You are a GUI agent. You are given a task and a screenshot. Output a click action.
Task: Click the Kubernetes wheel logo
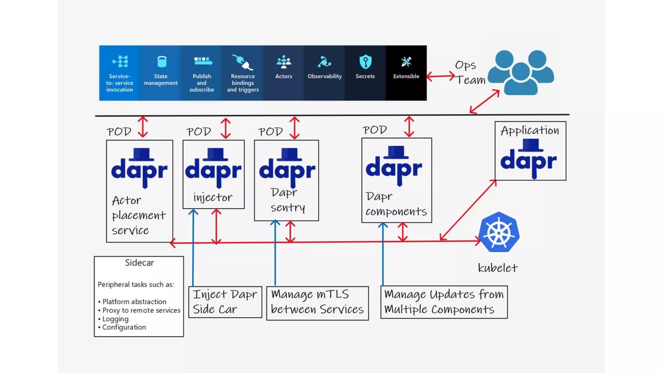tap(499, 232)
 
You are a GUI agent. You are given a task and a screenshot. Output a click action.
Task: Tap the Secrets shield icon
tap(365, 62)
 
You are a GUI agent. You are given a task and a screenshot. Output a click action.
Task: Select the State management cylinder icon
tap(161, 62)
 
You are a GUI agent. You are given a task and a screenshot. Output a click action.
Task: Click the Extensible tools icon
tap(406, 62)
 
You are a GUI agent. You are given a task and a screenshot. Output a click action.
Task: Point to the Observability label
tap(324, 76)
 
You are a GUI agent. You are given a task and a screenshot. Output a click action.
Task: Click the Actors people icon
tap(284, 62)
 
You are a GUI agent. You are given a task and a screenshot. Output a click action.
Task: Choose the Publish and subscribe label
tap(202, 83)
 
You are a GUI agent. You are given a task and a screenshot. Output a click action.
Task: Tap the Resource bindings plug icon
tap(242, 62)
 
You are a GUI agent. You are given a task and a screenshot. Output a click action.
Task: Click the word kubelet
tap(498, 268)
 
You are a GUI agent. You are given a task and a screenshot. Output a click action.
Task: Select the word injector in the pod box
tap(213, 197)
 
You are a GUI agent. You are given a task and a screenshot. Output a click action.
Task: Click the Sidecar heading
tap(139, 263)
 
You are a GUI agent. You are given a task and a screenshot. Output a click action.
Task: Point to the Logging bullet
tap(115, 319)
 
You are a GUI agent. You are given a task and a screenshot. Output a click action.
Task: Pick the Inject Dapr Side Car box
tap(225, 302)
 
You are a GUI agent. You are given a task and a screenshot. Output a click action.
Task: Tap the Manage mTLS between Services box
tap(317, 302)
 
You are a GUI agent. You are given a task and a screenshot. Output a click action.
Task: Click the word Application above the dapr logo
tap(530, 130)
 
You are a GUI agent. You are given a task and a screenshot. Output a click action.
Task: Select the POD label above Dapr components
tap(375, 130)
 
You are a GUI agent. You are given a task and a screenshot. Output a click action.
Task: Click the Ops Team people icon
tap(521, 73)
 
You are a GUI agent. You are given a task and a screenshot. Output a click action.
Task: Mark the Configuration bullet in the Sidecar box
tap(124, 327)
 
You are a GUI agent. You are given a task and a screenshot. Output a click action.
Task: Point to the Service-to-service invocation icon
tap(120, 62)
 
